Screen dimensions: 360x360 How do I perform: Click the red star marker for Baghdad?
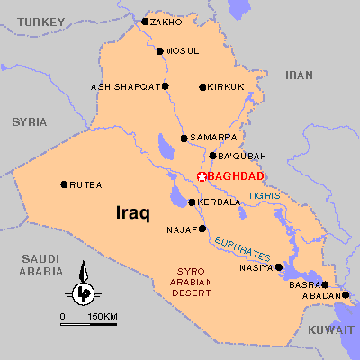tap(202, 176)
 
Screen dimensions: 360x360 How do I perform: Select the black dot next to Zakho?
tap(146, 21)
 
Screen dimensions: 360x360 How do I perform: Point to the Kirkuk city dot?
tap(202, 87)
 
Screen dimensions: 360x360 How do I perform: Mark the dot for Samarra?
tap(184, 139)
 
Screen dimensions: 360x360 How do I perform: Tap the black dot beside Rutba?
tap(64, 184)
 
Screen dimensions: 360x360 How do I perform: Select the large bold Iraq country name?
tap(133, 213)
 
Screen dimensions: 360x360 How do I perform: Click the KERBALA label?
tap(219, 202)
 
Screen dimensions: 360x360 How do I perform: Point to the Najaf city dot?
tap(202, 229)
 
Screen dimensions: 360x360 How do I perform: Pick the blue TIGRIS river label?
tap(265, 195)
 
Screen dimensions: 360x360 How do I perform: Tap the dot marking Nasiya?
tap(279, 266)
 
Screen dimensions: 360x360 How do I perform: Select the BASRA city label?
tap(301, 284)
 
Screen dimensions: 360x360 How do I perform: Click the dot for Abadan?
tap(346, 294)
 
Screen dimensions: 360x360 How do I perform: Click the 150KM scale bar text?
tap(103, 316)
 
